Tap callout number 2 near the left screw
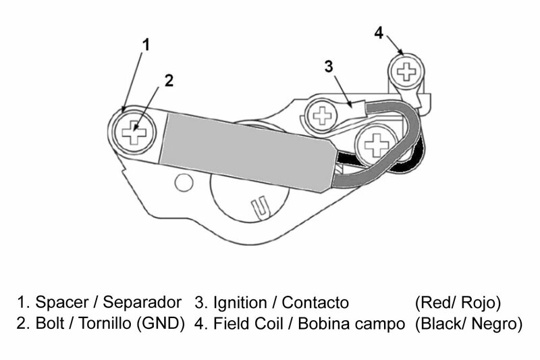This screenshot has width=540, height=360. tap(169, 80)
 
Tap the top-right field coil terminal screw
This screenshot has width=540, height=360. tap(408, 70)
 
